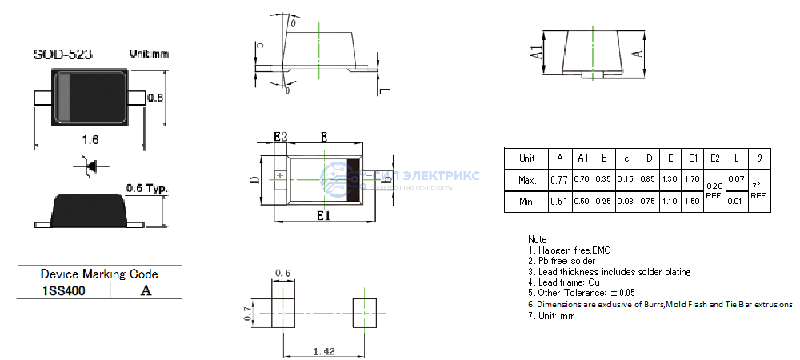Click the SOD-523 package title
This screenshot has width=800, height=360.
tap(62, 54)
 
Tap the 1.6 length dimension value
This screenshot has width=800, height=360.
tap(90, 139)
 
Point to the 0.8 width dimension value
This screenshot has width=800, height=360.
tap(155, 98)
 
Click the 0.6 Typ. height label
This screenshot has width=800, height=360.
tap(146, 189)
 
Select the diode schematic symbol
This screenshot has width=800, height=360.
tap(90, 166)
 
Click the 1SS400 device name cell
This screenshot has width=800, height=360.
tap(63, 291)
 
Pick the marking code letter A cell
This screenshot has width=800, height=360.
tap(146, 291)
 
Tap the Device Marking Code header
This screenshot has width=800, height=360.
tap(99, 274)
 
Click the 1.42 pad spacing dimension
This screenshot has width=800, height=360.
tap(324, 350)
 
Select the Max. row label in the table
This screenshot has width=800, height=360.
tap(527, 180)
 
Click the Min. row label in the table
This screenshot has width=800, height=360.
tap(527, 202)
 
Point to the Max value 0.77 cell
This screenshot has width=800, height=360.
tap(559, 180)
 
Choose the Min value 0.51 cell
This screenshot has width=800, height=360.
tap(559, 202)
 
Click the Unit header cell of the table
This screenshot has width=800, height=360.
tap(527, 158)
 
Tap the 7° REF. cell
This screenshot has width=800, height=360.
tap(759, 190)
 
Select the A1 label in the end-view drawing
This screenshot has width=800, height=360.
tap(538, 54)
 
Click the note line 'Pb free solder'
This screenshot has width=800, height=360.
tap(562, 261)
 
